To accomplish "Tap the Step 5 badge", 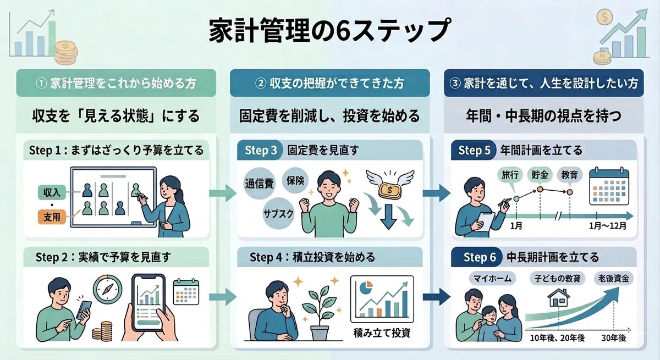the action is pyautogui.click(x=474, y=150).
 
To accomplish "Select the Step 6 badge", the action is pyautogui.click(x=479, y=257).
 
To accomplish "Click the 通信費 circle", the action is pyautogui.click(x=259, y=184).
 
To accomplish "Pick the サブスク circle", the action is pyautogui.click(x=278, y=213).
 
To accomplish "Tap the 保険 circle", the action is pyautogui.click(x=295, y=180).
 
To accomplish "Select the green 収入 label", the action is pyautogui.click(x=52, y=192).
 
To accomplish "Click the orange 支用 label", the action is pyautogui.click(x=52, y=217).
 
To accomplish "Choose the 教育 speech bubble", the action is pyautogui.click(x=570, y=176).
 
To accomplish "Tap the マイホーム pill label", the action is pyautogui.click(x=492, y=279).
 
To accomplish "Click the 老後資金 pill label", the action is pyautogui.click(x=613, y=278).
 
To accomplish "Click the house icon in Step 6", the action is pyautogui.click(x=559, y=297).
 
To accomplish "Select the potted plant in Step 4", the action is pyautogui.click(x=320, y=313).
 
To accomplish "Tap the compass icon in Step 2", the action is pyautogui.click(x=108, y=289).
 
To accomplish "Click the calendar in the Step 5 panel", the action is pyautogui.click(x=609, y=186).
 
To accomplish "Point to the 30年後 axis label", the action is pyautogui.click(x=614, y=338).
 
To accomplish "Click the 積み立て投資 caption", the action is pyautogui.click(x=382, y=333).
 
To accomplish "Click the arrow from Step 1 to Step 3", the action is pyautogui.click(x=223, y=193).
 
